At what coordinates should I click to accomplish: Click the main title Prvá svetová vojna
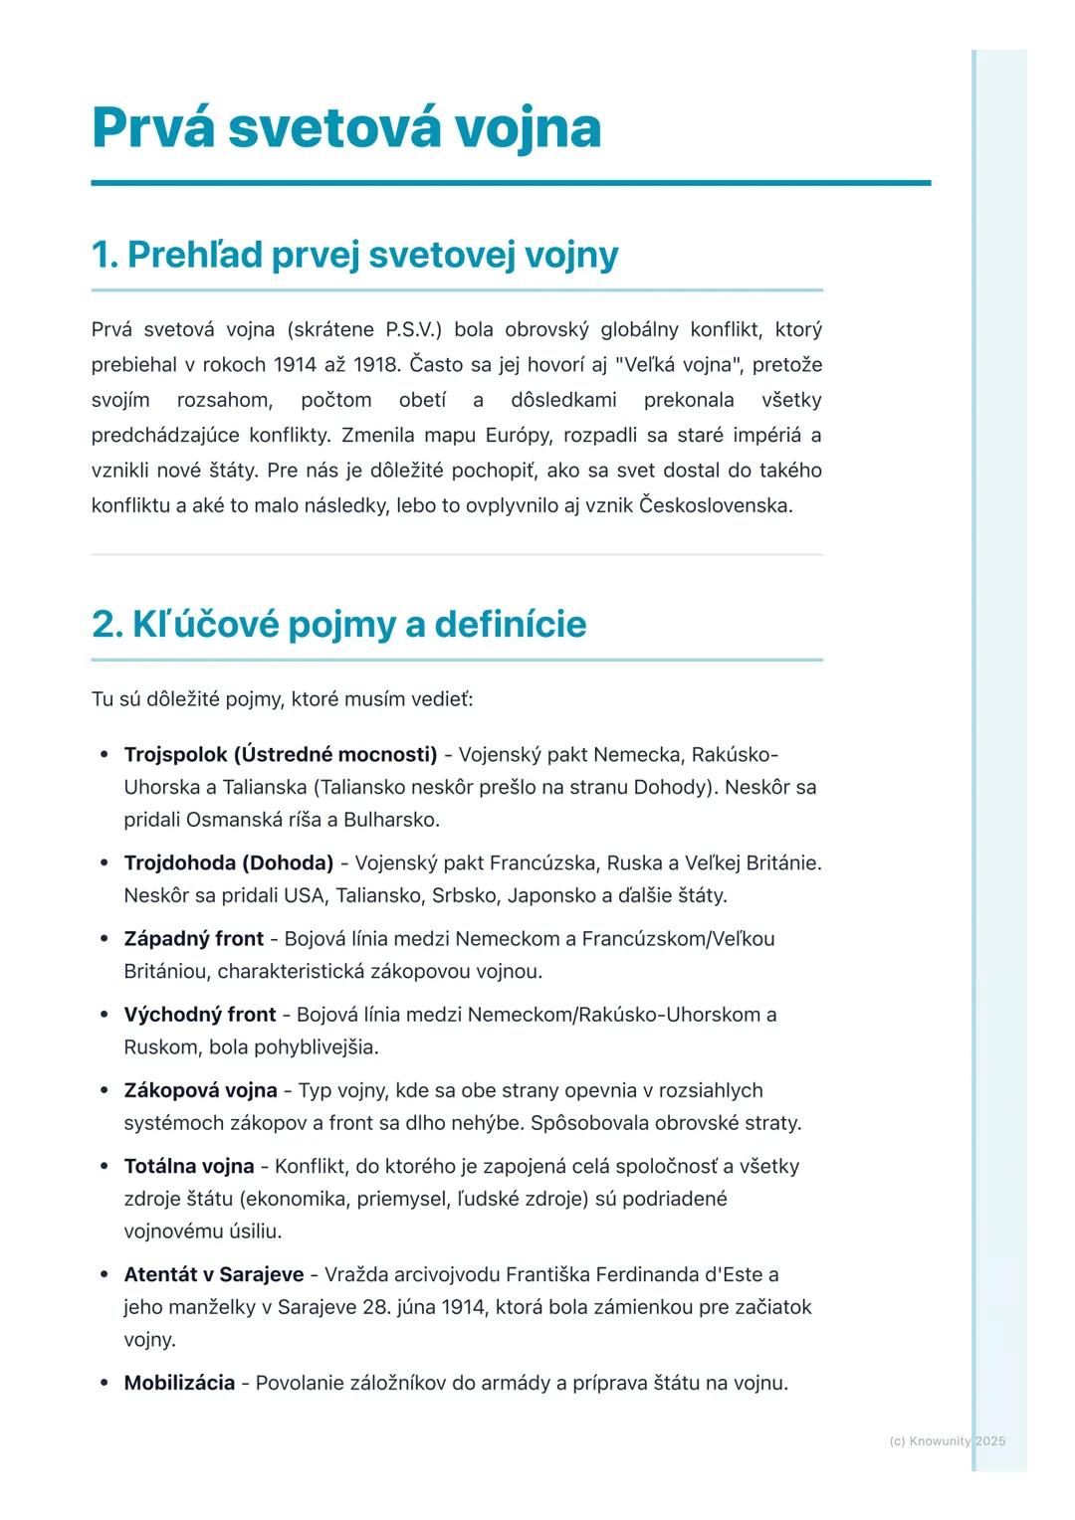click(x=346, y=127)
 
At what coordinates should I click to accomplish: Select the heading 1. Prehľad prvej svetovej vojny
click(x=354, y=255)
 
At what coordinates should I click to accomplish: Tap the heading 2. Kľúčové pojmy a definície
click(x=338, y=625)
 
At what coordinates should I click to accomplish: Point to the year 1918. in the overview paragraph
click(x=375, y=365)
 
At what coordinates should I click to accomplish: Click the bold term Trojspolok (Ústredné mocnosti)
click(x=281, y=755)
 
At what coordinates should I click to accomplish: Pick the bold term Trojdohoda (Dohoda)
click(x=229, y=863)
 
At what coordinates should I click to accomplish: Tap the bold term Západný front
click(x=194, y=939)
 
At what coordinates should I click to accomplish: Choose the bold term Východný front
click(x=200, y=1015)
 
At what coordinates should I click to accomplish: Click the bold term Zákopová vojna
click(x=200, y=1090)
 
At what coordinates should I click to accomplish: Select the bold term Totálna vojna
click(x=189, y=1166)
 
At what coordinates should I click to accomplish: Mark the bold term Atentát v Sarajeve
click(x=214, y=1274)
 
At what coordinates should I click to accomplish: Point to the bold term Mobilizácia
click(x=179, y=1383)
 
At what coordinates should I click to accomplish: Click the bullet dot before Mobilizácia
click(x=104, y=1384)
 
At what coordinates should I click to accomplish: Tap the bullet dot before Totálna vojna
click(x=104, y=1167)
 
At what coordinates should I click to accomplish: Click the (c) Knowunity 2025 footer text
click(x=947, y=1440)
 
